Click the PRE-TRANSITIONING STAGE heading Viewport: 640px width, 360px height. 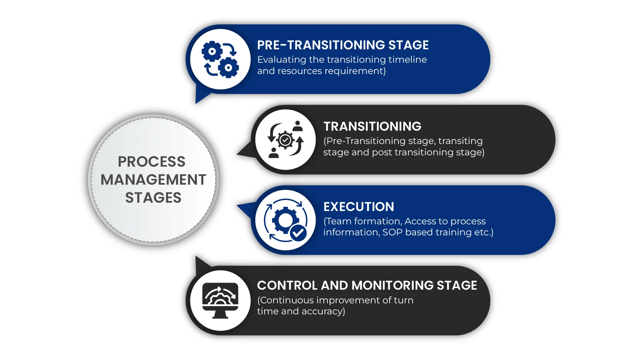(x=343, y=45)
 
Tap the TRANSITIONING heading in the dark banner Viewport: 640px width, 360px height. (x=372, y=126)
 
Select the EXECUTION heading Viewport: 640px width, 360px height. (x=359, y=207)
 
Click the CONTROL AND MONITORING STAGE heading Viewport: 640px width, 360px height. (x=367, y=285)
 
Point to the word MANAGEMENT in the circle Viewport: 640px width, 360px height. (x=153, y=180)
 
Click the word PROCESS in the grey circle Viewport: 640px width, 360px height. (x=152, y=162)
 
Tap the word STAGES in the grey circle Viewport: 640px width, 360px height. (x=153, y=198)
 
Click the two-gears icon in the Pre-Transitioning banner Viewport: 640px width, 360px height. (x=220, y=59)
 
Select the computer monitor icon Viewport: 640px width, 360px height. (x=220, y=300)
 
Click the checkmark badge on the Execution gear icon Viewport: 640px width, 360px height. (x=298, y=233)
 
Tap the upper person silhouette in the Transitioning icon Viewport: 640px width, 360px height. (x=298, y=126)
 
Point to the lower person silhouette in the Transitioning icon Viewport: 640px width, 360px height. (x=274, y=153)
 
